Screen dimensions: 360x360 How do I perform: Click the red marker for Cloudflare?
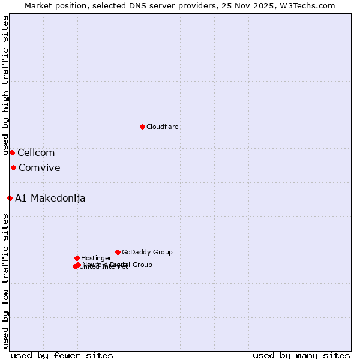[142, 127]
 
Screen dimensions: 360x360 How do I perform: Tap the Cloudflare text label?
[162, 127]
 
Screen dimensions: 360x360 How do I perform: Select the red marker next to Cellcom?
[12, 152]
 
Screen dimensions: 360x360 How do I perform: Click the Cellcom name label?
[36, 153]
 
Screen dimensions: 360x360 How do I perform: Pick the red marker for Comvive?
[13, 167]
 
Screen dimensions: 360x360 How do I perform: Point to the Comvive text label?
[40, 168]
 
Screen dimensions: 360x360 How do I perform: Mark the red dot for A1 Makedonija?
[10, 198]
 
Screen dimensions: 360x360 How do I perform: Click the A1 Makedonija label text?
[50, 199]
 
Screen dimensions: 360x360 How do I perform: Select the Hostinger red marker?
[77, 258]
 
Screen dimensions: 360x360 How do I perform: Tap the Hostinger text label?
[96, 258]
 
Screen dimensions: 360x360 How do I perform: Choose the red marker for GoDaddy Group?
[118, 252]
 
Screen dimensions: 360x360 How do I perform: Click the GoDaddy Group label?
[147, 252]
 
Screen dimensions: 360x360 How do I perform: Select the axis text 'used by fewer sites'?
[62, 355]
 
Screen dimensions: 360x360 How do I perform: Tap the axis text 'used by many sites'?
[301, 355]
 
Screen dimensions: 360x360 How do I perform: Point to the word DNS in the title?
[128, 5]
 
